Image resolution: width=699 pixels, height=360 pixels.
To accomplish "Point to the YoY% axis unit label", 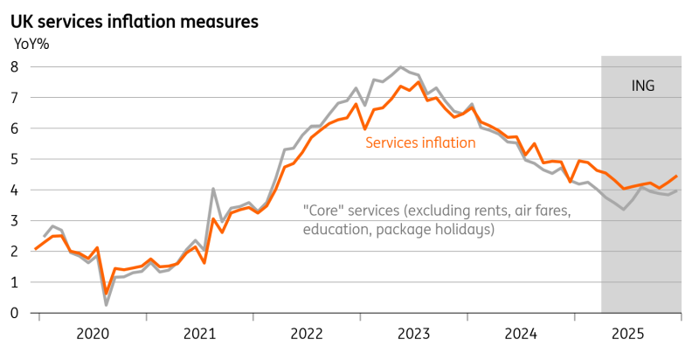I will pos(33,45).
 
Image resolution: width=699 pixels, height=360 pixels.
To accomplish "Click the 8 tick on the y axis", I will pos(16,66).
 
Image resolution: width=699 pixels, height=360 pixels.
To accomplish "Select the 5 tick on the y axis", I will pos(16,159).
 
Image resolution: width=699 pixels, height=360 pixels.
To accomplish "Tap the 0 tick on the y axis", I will pos(16,313).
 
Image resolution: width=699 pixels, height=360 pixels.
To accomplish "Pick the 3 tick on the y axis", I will pos(16,220).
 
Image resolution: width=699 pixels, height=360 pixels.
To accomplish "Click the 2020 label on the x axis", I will pos(93,333).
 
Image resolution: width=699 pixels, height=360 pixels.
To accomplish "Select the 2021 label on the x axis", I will pos(200,333).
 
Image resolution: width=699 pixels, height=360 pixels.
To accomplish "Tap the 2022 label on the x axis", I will pos(307,333).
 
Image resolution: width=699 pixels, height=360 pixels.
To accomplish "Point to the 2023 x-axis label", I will pos(414,333).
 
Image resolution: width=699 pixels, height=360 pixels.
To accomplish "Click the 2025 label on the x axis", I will pos(628,333).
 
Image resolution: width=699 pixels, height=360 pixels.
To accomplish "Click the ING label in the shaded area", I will pos(642,86).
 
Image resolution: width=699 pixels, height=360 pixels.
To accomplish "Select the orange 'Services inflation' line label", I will pos(420,142).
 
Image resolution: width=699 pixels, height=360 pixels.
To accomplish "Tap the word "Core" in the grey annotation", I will pos(322,211).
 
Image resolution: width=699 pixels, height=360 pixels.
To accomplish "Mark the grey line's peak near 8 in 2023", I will pos(400,67).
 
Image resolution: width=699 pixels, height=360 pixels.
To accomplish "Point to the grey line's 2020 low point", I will pos(107,304).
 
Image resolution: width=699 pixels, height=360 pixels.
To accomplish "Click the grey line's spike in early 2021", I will pos(213,188).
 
